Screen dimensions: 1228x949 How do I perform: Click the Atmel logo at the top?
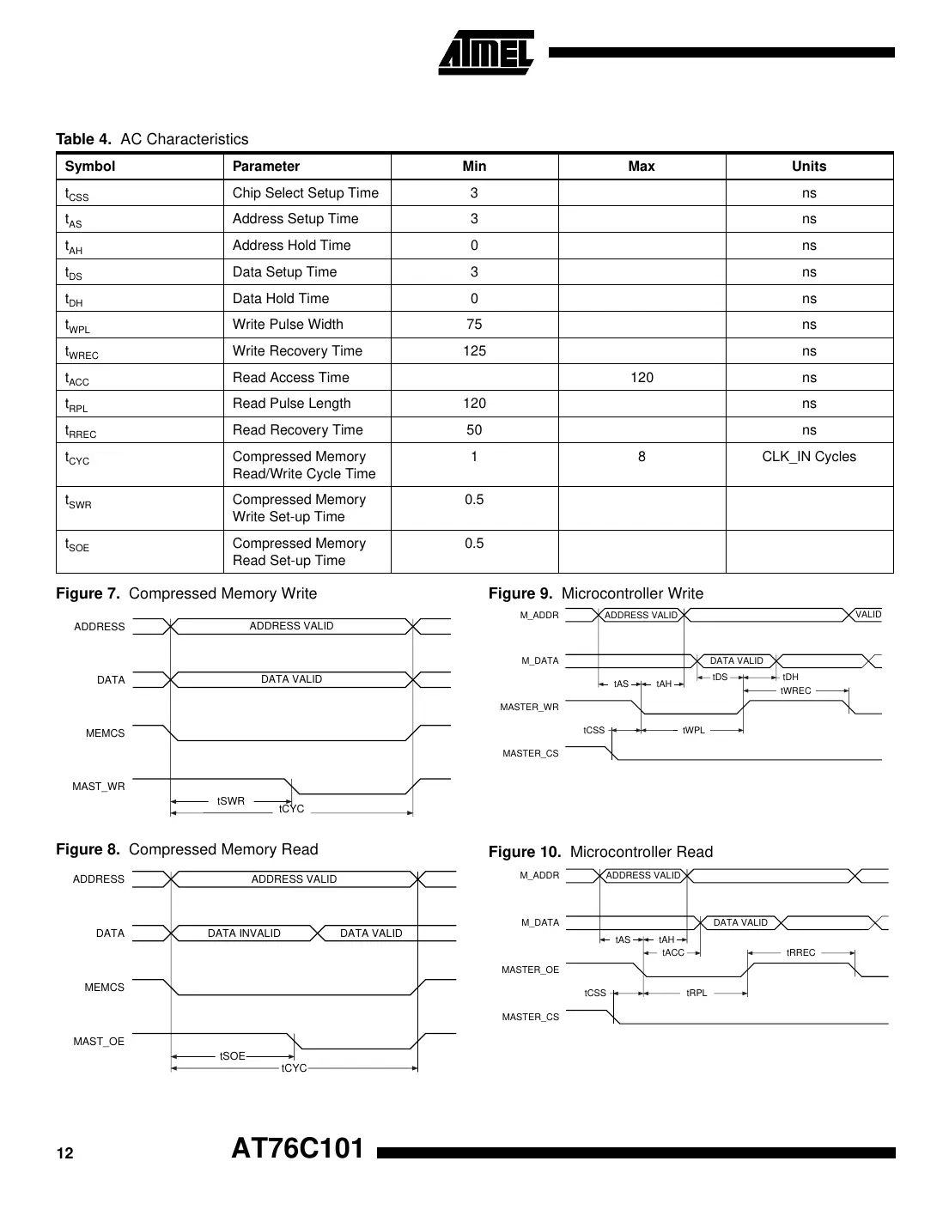coord(486,53)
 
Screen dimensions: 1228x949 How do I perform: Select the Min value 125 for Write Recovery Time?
coord(474,351)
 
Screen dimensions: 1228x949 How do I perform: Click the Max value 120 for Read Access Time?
coord(642,378)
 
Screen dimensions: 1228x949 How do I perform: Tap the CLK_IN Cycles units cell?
coord(809,457)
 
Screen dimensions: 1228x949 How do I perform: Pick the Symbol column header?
coord(90,167)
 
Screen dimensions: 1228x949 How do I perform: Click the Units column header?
coord(809,167)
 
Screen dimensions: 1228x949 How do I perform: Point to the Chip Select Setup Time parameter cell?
coord(305,193)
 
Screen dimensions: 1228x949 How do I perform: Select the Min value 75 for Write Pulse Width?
coord(474,325)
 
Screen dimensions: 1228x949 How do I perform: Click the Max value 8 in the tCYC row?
coord(642,457)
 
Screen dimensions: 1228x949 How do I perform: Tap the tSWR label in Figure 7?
coord(231,801)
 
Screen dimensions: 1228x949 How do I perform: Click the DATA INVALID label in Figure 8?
coord(244,933)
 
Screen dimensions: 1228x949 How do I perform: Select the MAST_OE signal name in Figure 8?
coord(99,1042)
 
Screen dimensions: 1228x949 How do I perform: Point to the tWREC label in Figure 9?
coord(795,691)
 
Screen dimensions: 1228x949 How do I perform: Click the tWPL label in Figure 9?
coord(694,731)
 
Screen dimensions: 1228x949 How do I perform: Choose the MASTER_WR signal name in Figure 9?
coord(529,708)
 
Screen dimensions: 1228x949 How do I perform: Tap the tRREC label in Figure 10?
coord(800,953)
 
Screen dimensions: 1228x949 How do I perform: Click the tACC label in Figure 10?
coord(673,953)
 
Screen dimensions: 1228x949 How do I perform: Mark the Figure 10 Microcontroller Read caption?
coord(600,852)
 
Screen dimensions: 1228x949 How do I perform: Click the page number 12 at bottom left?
coord(65,1153)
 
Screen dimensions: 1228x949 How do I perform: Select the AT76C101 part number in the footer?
coord(298,1149)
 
